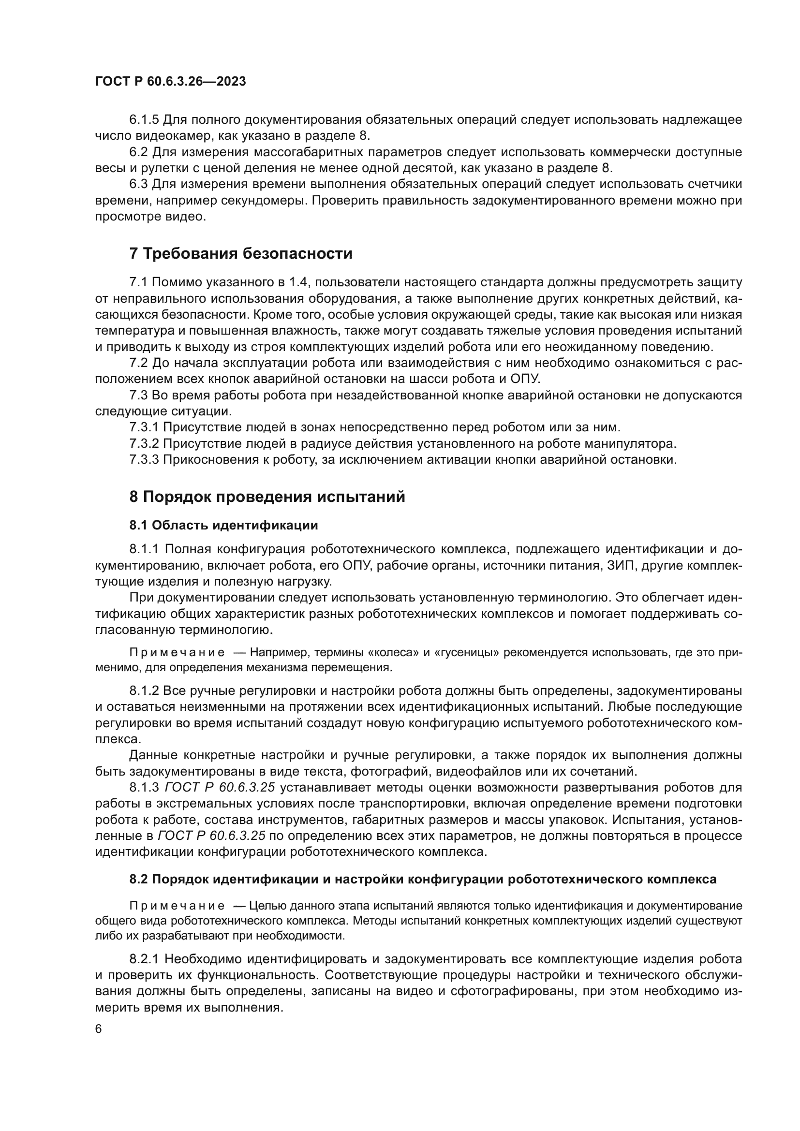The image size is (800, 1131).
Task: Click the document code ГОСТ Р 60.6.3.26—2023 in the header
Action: click(x=170, y=82)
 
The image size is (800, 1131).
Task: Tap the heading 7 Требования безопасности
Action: click(x=241, y=254)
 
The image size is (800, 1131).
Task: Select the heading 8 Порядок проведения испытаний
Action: click(x=267, y=497)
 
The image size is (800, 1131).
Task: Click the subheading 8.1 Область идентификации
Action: click(x=223, y=525)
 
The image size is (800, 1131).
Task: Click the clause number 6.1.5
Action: click(x=144, y=120)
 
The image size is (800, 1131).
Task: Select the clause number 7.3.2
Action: click(x=144, y=444)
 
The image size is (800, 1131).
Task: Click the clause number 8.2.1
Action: click(x=144, y=959)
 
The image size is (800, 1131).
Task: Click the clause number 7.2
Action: click(x=138, y=363)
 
